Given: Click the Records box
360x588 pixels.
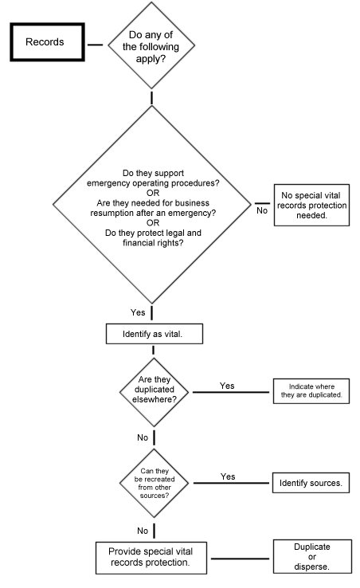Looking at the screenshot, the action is pos(47,42).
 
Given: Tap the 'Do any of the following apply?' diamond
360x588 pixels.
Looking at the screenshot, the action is pos(151,45).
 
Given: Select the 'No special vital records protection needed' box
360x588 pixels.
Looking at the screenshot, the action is pos(311,205).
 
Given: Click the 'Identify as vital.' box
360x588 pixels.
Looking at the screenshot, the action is pos(155,334).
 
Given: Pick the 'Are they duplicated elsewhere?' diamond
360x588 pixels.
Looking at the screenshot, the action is pos(155,392).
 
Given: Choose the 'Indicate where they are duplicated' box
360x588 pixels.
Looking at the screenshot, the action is pos(311,391).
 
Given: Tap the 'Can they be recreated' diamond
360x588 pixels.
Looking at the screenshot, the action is pos(155,483).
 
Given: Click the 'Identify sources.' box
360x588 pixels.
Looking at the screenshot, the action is pos(311,483).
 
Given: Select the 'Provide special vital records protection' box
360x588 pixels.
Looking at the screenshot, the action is pos(151,558).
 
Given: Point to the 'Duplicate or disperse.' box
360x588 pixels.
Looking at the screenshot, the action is pos(312,556).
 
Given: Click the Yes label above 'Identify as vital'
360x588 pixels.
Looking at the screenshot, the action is pos(138,312).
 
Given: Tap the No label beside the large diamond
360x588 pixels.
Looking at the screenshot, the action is pos(262,211).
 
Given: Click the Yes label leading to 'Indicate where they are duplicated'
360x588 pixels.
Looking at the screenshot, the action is pos(227,386).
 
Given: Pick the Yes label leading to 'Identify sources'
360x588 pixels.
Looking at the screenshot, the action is pos(228,476).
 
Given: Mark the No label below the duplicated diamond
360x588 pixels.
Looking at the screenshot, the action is pos(143,437).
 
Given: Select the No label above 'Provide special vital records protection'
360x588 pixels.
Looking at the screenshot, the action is pos(143,531).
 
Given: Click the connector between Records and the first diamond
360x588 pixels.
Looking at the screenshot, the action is pos(96,45).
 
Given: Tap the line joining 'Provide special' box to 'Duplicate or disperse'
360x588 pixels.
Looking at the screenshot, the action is pos(240,559).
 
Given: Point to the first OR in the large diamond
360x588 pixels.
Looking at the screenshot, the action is pos(153,193).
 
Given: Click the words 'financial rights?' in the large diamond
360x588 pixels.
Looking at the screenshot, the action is pos(153,243).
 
